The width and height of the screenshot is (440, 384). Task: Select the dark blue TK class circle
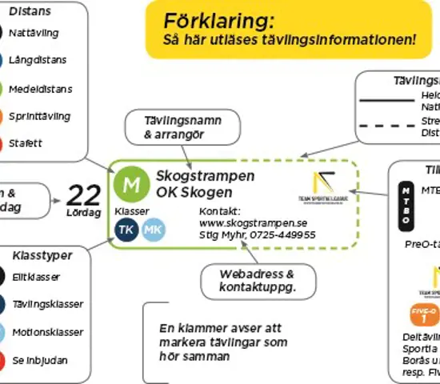click(126, 230)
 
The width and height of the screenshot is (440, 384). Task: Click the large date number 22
click(83, 194)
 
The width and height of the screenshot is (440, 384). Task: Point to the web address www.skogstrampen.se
click(252, 223)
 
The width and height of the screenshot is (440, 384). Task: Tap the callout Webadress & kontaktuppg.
click(257, 279)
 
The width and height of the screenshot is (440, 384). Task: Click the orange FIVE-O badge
click(425, 314)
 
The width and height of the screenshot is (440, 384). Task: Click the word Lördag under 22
click(83, 214)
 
